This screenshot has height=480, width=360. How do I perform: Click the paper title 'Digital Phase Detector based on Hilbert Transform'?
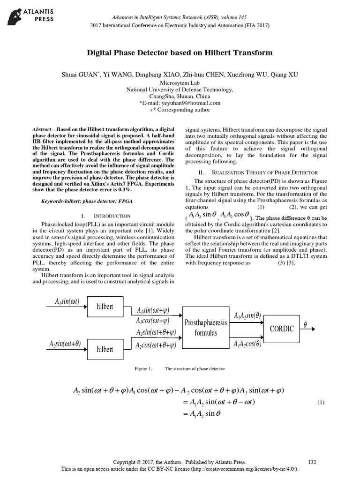click(x=180, y=53)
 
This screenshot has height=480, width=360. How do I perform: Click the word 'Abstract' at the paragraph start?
click(x=44, y=128)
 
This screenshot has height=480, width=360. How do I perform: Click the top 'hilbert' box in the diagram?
click(x=105, y=307)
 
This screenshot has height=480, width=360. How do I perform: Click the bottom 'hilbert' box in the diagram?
click(x=105, y=349)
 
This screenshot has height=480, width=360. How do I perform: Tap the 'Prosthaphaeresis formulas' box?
click(x=206, y=328)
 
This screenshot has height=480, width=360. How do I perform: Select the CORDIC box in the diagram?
click(x=281, y=329)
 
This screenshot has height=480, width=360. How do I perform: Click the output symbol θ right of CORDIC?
click(x=306, y=324)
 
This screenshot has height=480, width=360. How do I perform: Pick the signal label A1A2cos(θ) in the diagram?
click(x=247, y=345)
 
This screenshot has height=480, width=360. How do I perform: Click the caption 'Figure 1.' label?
click(x=143, y=369)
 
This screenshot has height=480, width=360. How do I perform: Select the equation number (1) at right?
click(x=321, y=403)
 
